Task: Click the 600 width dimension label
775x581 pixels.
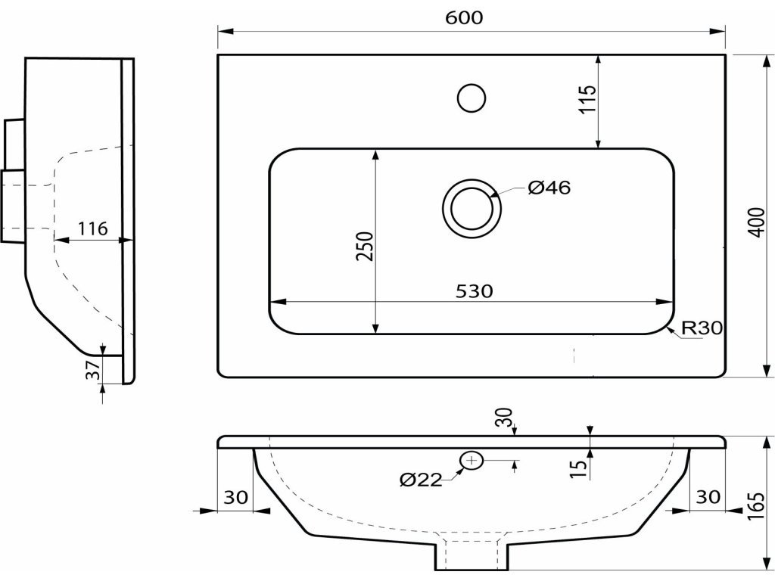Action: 464,18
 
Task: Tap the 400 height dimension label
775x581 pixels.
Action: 756,222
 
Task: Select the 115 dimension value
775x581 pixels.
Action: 588,99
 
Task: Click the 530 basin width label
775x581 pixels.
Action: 474,291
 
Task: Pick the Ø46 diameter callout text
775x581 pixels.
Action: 549,188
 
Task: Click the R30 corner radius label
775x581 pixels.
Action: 702,328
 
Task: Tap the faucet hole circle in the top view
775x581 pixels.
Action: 472,98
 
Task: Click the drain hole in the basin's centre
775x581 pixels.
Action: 472,208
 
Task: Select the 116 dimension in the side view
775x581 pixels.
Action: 92,228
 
